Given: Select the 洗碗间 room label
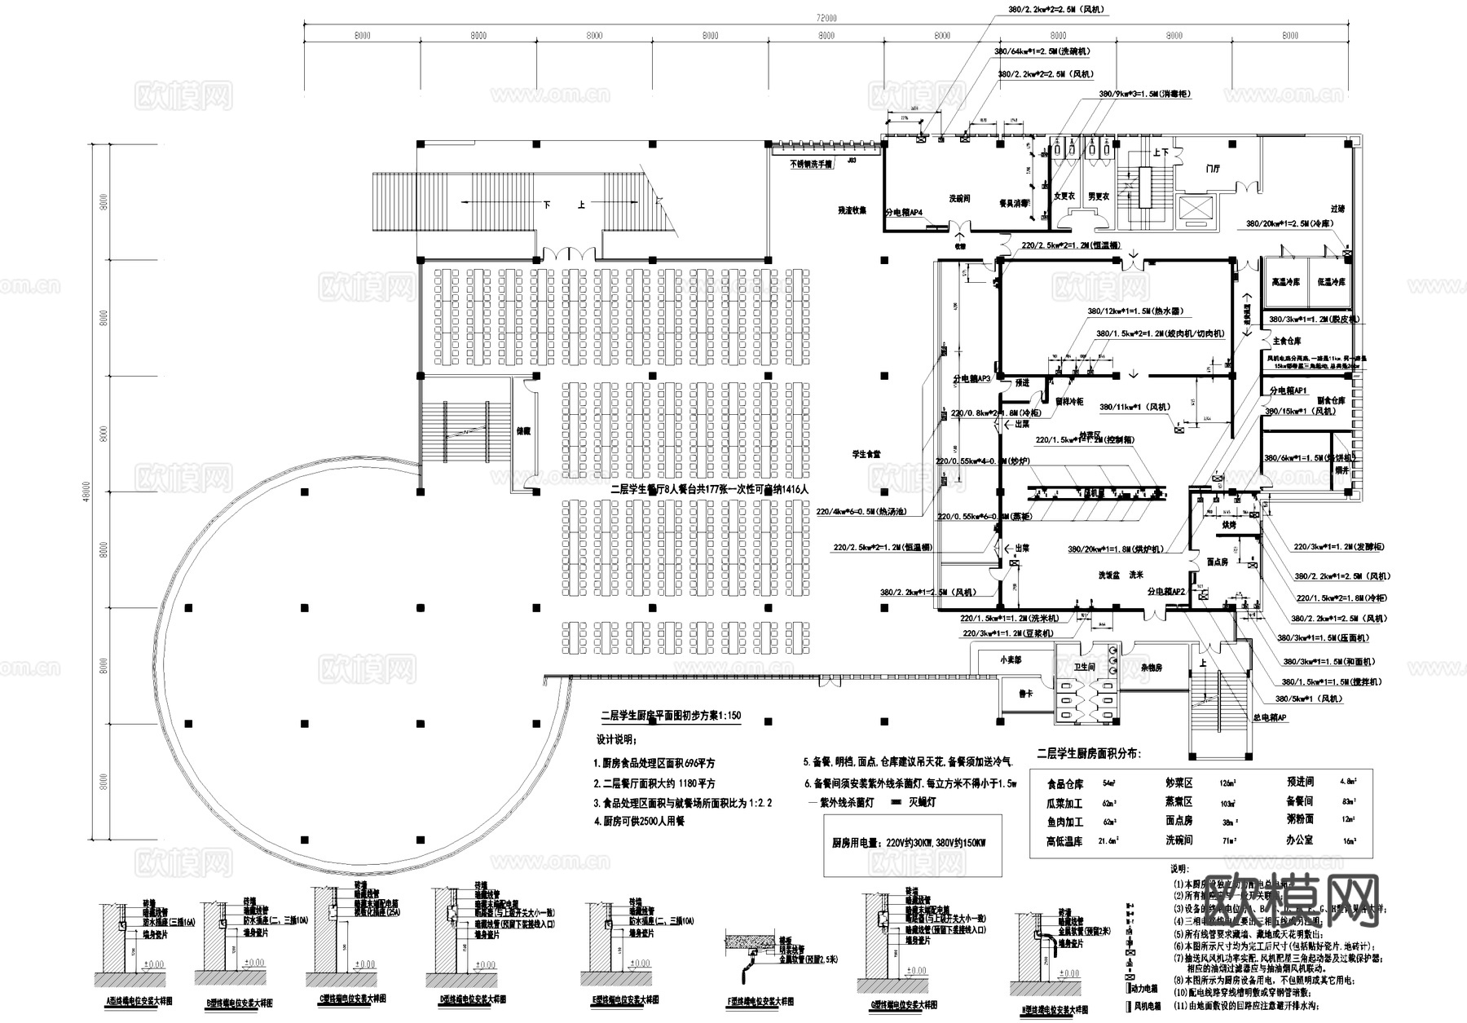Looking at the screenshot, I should pos(959,198).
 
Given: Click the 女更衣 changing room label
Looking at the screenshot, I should pos(1064,196).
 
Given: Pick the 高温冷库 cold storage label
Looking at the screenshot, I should pos(1285,282).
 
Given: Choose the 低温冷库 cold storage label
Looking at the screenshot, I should pos(1331,282).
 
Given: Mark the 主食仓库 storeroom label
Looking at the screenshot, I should pos(1287,341).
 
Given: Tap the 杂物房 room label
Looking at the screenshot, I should pos(1152,668).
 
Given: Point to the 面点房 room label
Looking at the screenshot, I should pos(1217,562).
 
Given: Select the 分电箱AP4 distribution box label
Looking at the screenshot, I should pos(904,212).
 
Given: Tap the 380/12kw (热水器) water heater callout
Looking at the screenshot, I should pos(1134,311).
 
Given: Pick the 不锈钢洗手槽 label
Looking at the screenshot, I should pos(811,164).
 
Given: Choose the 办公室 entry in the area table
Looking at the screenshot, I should pos(1298,840).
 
